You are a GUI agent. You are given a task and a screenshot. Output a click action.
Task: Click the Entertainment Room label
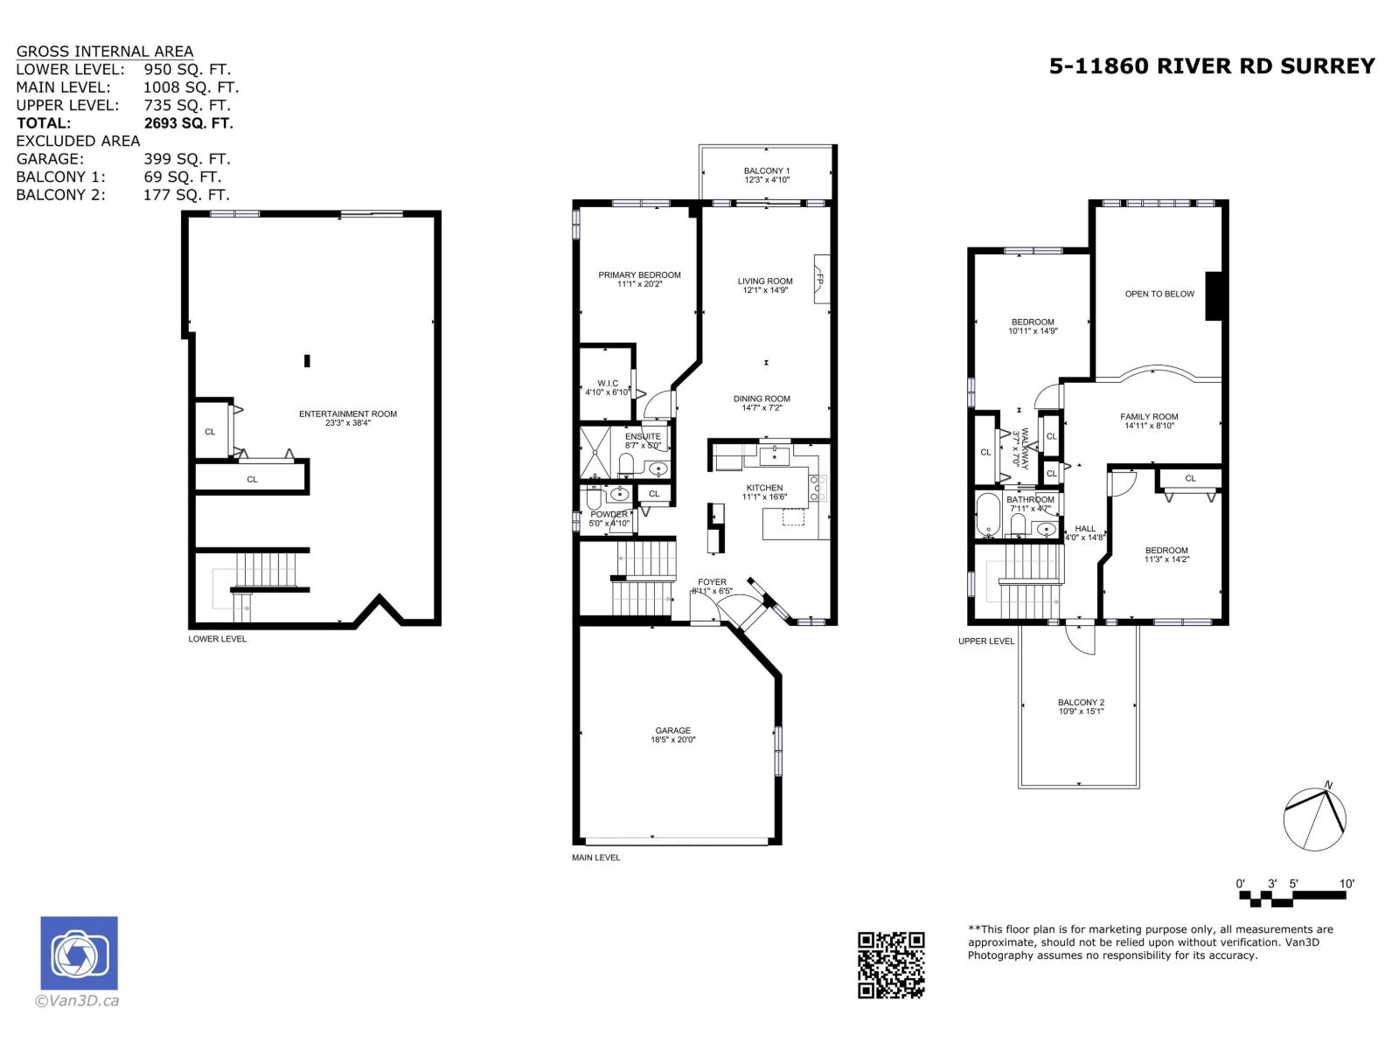pyautogui.click(x=348, y=414)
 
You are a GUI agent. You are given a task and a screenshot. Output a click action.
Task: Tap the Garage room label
pyautogui.click(x=672, y=731)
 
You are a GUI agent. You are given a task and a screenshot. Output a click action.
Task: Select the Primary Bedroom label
pyautogui.click(x=639, y=275)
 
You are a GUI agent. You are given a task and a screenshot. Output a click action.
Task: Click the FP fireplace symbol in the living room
pyautogui.click(x=820, y=280)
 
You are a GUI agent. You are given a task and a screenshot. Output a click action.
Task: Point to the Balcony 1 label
pyautogui.click(x=766, y=171)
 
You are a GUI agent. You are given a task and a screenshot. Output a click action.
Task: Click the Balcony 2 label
pyautogui.click(x=1081, y=703)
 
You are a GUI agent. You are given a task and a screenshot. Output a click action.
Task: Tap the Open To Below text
pyautogui.click(x=1159, y=294)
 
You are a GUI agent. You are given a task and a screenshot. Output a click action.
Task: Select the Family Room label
pyautogui.click(x=1149, y=417)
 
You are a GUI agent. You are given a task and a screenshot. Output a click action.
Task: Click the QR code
pyautogui.click(x=891, y=965)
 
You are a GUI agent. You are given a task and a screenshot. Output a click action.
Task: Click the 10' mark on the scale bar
pyautogui.click(x=1347, y=884)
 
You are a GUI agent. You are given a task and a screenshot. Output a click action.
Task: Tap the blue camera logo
pyautogui.click(x=79, y=953)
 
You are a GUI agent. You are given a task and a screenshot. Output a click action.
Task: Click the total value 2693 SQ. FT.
pyautogui.click(x=188, y=123)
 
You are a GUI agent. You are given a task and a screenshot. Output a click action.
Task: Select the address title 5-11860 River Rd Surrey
pyautogui.click(x=1212, y=66)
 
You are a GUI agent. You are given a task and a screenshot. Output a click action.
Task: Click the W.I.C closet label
pyautogui.click(x=608, y=384)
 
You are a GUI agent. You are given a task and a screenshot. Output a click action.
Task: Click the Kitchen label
pyautogui.click(x=764, y=488)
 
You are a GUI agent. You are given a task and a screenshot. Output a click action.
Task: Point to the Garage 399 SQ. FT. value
pyautogui.click(x=186, y=159)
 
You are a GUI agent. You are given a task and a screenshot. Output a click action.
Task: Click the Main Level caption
pyautogui.click(x=595, y=858)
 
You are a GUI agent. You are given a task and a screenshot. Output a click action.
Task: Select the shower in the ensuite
pyautogui.click(x=598, y=451)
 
